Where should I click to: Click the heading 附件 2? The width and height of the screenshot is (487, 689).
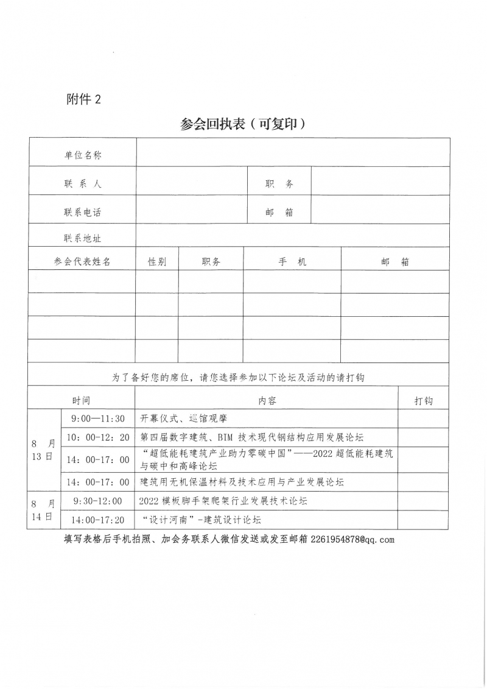tap(83, 100)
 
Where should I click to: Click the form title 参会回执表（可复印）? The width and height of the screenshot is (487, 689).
tap(243, 124)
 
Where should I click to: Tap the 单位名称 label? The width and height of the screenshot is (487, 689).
tap(83, 155)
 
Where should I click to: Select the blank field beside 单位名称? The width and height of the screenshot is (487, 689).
tap(293, 153)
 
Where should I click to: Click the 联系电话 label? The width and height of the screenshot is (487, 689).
tap(83, 212)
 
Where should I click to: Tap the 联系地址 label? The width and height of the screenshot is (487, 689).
tap(83, 238)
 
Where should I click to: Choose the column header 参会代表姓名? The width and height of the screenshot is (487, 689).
tap(82, 261)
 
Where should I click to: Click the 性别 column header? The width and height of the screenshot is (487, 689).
tap(157, 261)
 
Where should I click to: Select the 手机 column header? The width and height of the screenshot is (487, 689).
tap(292, 261)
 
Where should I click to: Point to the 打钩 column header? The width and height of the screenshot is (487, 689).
tap(424, 400)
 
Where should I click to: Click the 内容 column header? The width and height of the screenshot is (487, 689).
tap(267, 400)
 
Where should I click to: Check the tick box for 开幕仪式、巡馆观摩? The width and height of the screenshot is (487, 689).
tap(424, 419)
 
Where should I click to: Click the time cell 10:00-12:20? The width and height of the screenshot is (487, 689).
tap(98, 437)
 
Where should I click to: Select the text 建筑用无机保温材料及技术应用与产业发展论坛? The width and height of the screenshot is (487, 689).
tap(242, 482)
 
